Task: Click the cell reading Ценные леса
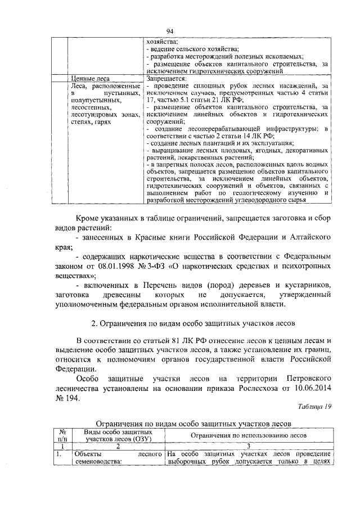pos(93,79)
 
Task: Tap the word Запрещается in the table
pos(163,79)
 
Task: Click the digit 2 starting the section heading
pos(93,325)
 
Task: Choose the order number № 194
pos(69,399)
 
